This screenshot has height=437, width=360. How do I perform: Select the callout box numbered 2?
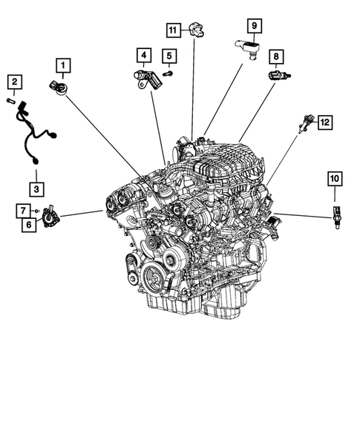14,80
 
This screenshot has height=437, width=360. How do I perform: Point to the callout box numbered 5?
168,56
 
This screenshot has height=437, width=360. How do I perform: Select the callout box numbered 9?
252,27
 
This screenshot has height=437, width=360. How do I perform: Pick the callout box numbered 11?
172,30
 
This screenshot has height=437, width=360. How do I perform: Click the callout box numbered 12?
324,123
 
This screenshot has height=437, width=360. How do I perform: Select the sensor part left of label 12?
304,122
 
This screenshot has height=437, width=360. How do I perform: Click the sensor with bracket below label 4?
146,78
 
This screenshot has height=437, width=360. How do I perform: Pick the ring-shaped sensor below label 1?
59,86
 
